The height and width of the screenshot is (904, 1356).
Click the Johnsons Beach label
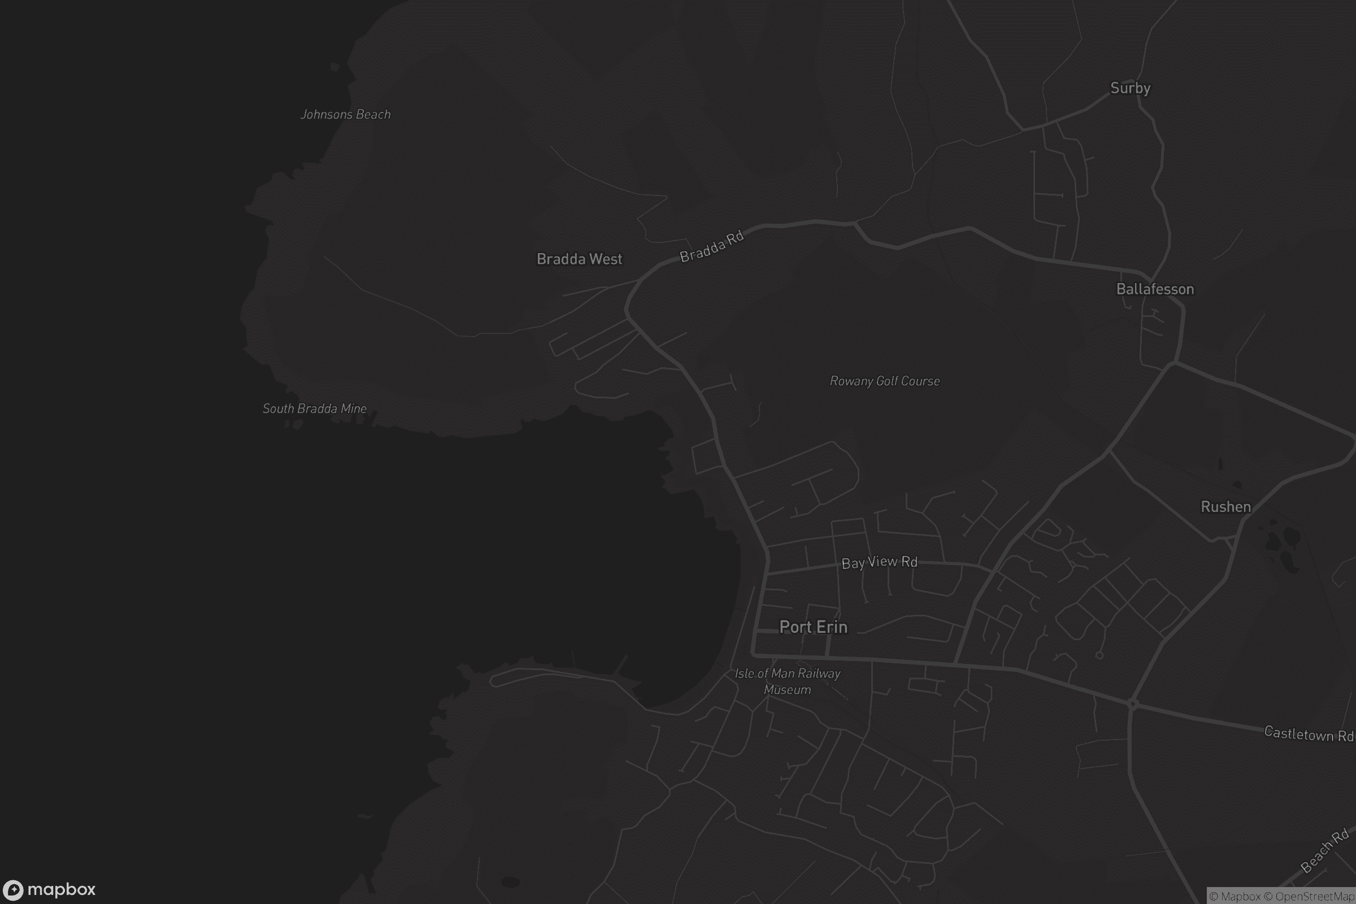[345, 114]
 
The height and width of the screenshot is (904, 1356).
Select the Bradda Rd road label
[711, 247]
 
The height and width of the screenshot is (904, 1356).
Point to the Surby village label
[1130, 88]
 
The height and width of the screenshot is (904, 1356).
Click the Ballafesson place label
[1155, 289]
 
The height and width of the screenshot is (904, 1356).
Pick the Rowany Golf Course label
[884, 381]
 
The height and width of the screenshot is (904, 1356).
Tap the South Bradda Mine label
[314, 408]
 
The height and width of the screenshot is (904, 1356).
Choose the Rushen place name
[1225, 507]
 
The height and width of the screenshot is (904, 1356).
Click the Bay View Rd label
[879, 562]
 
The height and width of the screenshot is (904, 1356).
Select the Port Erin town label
[813, 627]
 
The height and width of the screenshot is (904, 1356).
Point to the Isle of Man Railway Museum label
[788, 681]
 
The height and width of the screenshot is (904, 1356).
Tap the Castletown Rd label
[1308, 734]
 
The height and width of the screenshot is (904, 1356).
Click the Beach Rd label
[1325, 850]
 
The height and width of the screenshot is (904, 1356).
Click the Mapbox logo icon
[12, 889]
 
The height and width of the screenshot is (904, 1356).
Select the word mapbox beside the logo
[61, 889]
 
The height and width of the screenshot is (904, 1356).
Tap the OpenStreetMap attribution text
[1315, 897]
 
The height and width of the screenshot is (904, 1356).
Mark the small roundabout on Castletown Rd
[1132, 703]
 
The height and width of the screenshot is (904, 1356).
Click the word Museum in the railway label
[788, 689]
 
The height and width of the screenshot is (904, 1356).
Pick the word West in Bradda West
[605, 259]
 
